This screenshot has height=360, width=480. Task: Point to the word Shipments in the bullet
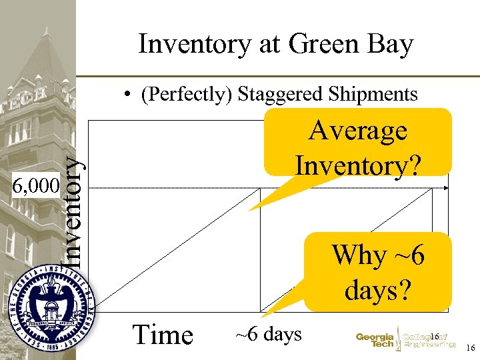(x=372, y=95)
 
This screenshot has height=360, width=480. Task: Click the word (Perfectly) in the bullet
(x=183, y=95)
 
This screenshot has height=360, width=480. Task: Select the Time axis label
(x=163, y=334)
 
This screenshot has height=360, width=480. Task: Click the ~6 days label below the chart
(x=268, y=334)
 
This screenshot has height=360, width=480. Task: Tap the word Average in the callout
(x=358, y=131)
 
